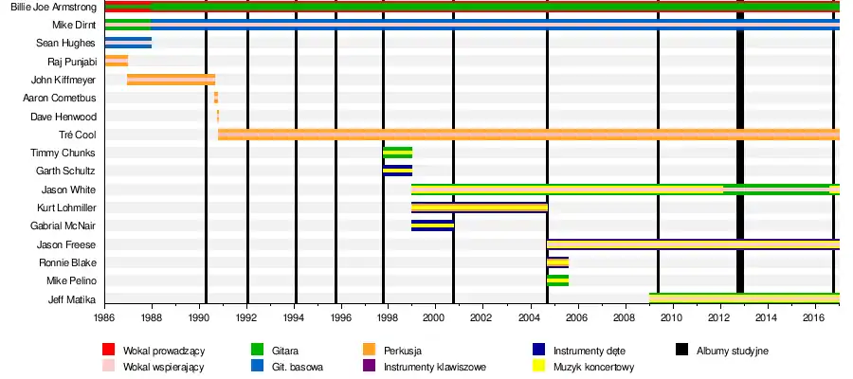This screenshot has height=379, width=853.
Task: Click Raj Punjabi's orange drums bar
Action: click(117, 62)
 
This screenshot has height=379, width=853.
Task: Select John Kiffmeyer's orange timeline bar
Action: click(171, 80)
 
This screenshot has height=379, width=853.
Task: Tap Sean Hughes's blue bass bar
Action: click(127, 44)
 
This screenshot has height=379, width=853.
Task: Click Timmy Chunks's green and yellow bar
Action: click(397, 153)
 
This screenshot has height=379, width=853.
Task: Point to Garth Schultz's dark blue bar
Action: click(397, 171)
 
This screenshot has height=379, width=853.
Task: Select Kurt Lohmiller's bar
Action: click(479, 208)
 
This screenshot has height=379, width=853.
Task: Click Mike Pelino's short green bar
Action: click(557, 280)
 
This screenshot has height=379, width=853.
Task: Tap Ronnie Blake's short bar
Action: click(557, 262)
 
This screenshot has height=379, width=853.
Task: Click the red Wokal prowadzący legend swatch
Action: click(108, 351)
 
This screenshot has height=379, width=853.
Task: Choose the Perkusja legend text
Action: click(403, 351)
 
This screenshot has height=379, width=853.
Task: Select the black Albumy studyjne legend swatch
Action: click(681, 351)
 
